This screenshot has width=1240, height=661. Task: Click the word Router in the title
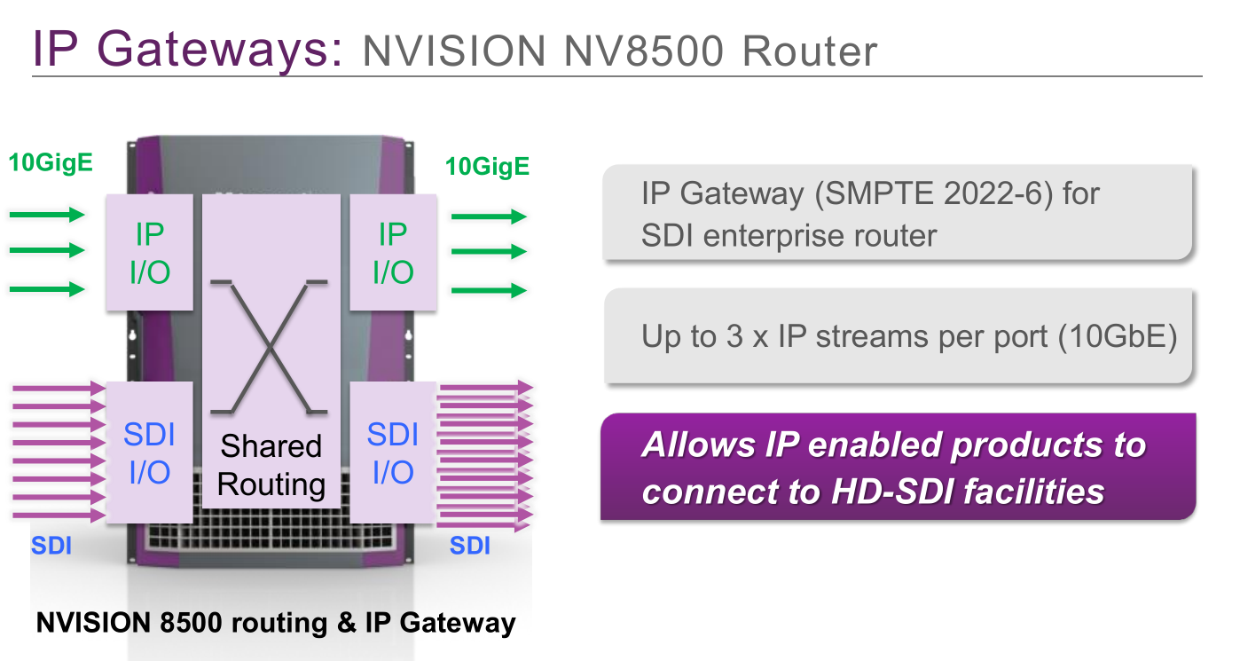[810, 51]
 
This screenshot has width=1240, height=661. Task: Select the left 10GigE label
[51, 163]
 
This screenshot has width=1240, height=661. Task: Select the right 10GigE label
[487, 167]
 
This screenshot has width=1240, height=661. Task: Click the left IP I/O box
[149, 253]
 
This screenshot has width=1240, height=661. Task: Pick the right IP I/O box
[393, 253]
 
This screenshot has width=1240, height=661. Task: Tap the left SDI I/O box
[149, 452]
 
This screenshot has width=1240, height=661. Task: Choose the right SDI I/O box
[393, 452]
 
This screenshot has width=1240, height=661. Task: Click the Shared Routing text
[271, 465]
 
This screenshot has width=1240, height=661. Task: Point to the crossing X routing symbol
[271, 346]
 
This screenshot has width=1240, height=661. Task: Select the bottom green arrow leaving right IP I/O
[489, 290]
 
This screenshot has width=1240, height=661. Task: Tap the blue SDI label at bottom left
[51, 546]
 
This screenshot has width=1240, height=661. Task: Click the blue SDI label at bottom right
[470, 546]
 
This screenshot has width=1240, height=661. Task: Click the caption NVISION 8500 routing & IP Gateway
[276, 623]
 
